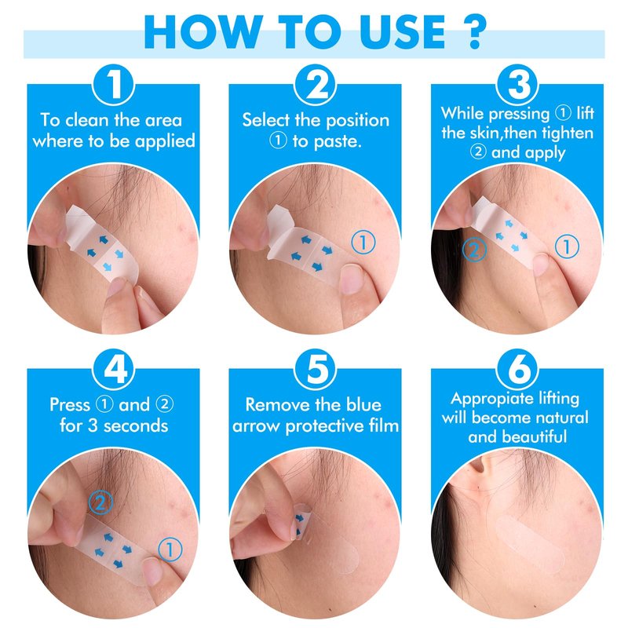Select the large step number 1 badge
click(x=114, y=85)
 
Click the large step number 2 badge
click(x=316, y=85)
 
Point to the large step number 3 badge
click(x=517, y=85)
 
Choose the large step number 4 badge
click(x=114, y=369)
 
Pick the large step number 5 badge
click(x=316, y=369)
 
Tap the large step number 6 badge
click(x=517, y=369)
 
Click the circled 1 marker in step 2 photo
click(x=363, y=243)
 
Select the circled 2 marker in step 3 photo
click(x=474, y=250)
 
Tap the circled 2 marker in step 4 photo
click(x=100, y=502)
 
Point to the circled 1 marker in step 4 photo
click(x=170, y=550)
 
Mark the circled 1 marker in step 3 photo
click(x=567, y=246)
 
